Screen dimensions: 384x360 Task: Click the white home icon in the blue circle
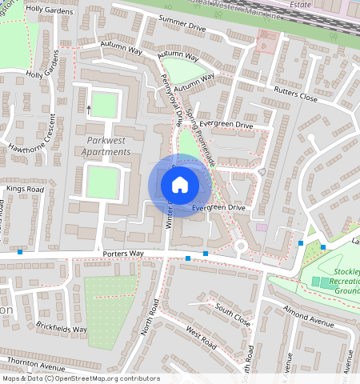pos(180,185)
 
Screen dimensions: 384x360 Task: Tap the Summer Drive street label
pos(182,22)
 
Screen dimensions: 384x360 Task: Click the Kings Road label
pos(24,189)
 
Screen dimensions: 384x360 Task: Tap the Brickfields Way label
pos(62,327)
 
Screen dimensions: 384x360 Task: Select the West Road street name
pos(201,338)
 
